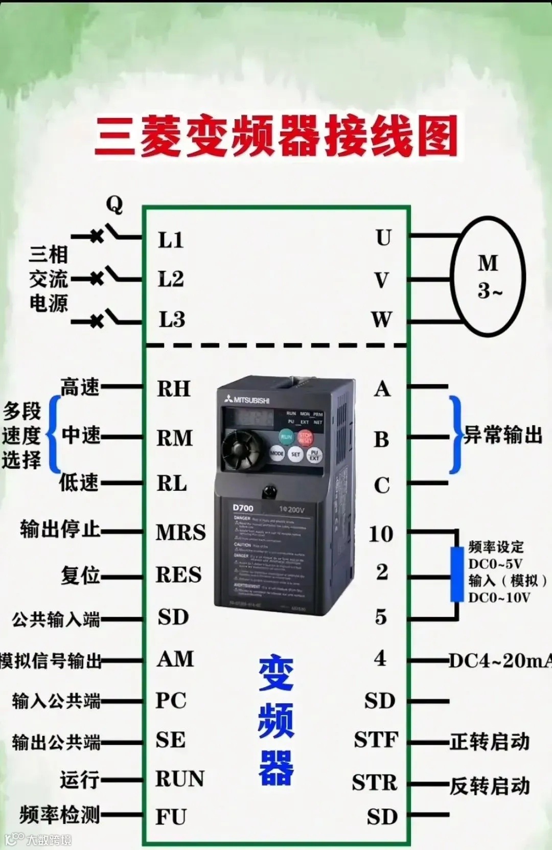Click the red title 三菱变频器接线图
[x=276, y=136]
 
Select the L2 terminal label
[x=171, y=280]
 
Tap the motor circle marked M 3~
[x=488, y=276]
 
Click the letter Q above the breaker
[x=114, y=204]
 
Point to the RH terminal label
[x=174, y=389]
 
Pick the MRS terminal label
[x=181, y=533]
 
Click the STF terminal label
[x=376, y=740]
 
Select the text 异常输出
[x=503, y=435]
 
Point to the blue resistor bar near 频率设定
[x=456, y=574]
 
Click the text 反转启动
[x=490, y=786]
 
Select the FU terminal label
[x=171, y=817]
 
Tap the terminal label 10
[x=381, y=534]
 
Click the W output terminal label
[x=382, y=320]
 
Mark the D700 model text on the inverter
[x=243, y=508]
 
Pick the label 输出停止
[x=60, y=529]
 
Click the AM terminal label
[x=175, y=659]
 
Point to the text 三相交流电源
[x=49, y=279]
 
